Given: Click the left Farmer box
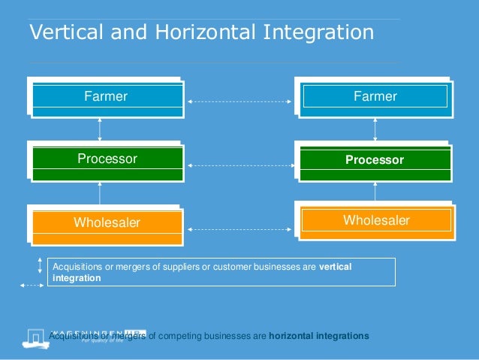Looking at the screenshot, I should tap(106, 96).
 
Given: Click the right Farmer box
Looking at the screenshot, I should tap(375, 96).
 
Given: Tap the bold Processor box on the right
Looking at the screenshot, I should tap(375, 160).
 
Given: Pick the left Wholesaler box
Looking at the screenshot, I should tap(107, 222).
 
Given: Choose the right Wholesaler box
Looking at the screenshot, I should tap(376, 220).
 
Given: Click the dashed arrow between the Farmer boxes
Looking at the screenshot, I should tap(239, 99).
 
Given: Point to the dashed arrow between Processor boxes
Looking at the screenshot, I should tap(239, 164).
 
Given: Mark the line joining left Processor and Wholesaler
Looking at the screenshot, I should tap(100, 193).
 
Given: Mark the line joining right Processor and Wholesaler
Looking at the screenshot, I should tap(375, 191).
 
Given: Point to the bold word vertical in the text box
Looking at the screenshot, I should tap(336, 267).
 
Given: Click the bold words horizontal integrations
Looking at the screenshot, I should tap(318, 336).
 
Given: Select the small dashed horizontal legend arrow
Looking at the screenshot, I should tap(32, 286).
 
